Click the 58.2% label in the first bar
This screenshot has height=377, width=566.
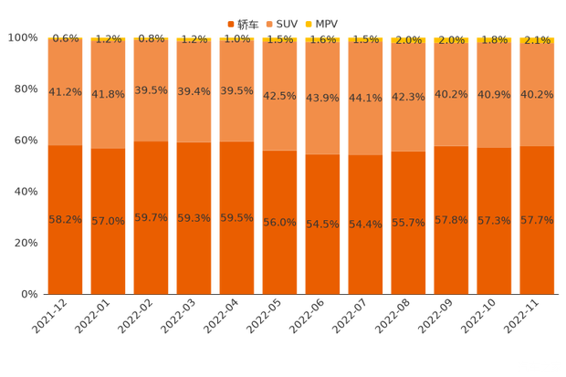(65, 220)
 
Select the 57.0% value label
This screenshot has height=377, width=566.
(108, 221)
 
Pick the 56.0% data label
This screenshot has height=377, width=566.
(279, 222)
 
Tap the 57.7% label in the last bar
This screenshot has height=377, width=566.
(537, 220)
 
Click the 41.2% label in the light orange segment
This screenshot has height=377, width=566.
(65, 92)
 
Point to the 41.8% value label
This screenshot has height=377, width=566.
(108, 93)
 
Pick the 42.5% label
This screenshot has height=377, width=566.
(279, 95)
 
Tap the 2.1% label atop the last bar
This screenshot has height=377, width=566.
(537, 40)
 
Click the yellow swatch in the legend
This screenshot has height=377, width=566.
(309, 23)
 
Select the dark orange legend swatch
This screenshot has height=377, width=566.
(231, 23)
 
